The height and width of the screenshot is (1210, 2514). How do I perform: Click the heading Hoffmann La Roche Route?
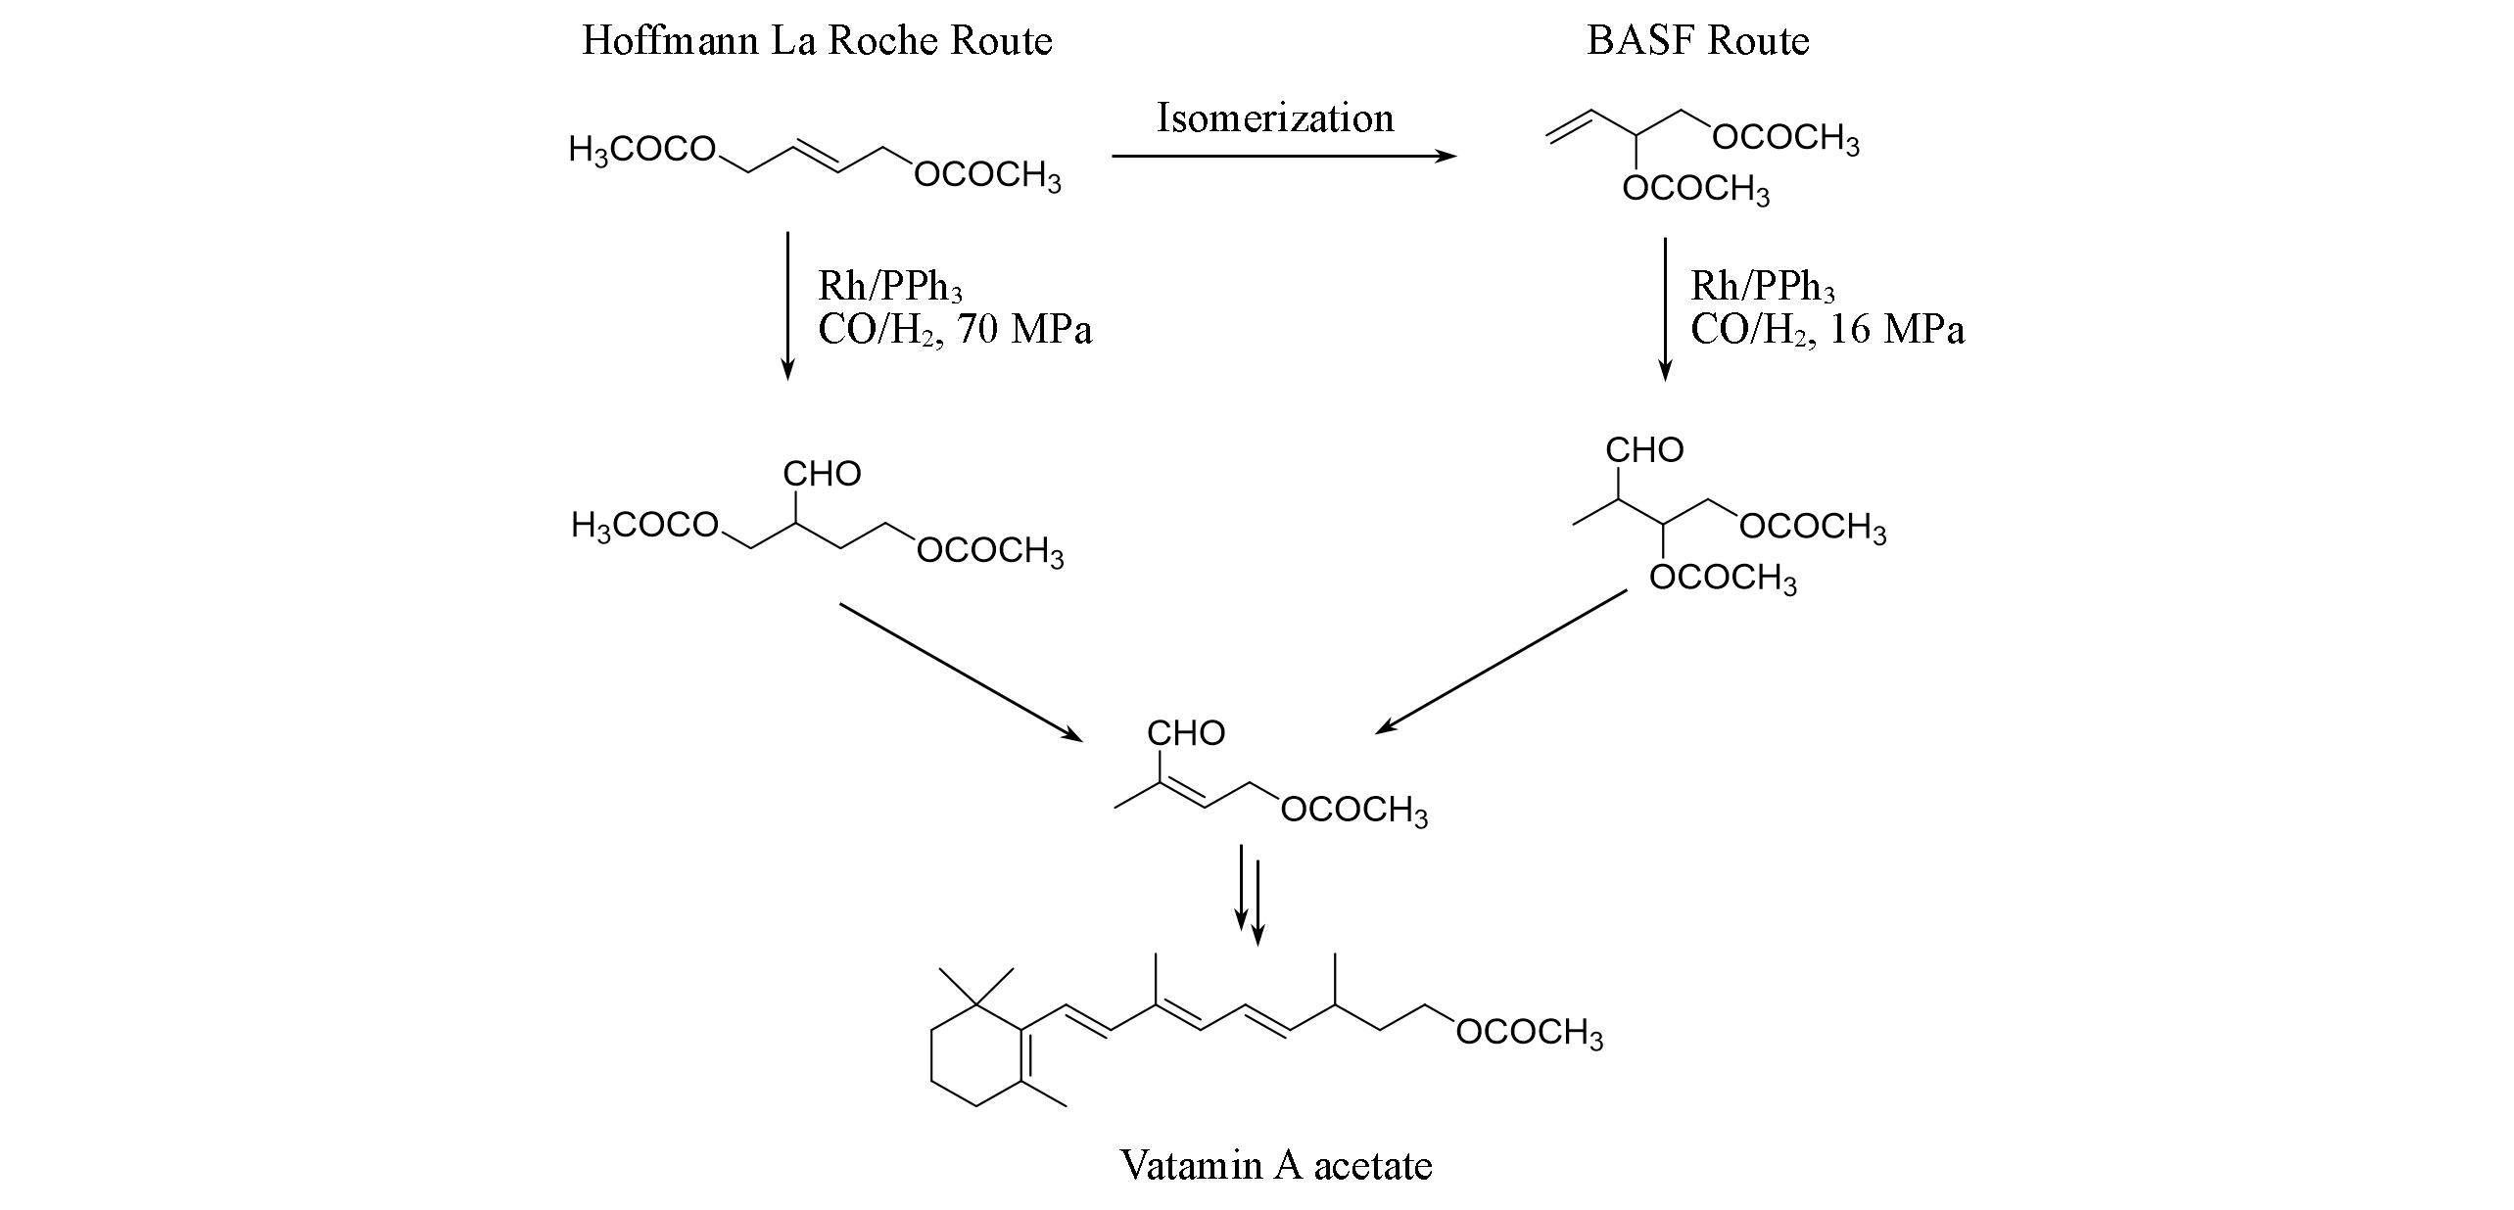pyautogui.click(x=817, y=41)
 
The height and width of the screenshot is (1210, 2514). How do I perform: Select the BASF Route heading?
pyautogui.click(x=1697, y=41)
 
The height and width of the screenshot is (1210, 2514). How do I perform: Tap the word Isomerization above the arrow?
pyautogui.click(x=1275, y=118)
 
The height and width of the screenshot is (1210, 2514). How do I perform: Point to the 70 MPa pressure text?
pyautogui.click(x=1024, y=330)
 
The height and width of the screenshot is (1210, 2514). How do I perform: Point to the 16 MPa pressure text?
pyautogui.click(x=1896, y=330)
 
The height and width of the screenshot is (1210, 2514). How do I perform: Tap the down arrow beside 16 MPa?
pyautogui.click(x=1664, y=308)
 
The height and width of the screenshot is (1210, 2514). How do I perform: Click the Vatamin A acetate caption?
pyautogui.click(x=1276, y=1165)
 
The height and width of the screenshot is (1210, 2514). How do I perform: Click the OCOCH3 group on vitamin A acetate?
pyautogui.click(x=1530, y=1033)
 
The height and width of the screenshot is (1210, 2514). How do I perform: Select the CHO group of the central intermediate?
pyautogui.click(x=1186, y=733)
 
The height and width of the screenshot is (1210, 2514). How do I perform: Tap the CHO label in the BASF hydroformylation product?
pyautogui.click(x=1644, y=450)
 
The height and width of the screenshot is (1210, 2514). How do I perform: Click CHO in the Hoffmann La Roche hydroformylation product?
pyautogui.click(x=822, y=474)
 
